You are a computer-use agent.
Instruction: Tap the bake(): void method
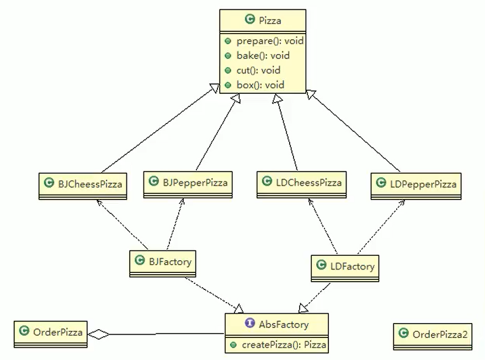pos(263,56)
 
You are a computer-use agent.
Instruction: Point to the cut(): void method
pos(258,71)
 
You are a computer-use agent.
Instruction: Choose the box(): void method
pos(260,85)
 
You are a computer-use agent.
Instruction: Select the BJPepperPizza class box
pos(188,182)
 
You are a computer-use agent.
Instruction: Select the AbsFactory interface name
pos(284,324)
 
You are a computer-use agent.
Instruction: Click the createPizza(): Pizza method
pos(282,345)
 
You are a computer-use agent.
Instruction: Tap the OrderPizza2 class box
pos(433,335)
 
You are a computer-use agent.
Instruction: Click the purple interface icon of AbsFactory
pos(249,324)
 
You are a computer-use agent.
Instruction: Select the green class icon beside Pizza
pos(249,21)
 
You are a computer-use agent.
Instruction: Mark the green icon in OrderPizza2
pos(403,334)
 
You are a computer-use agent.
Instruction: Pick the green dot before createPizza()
pos(232,345)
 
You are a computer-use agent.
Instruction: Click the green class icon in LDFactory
pos(321,266)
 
